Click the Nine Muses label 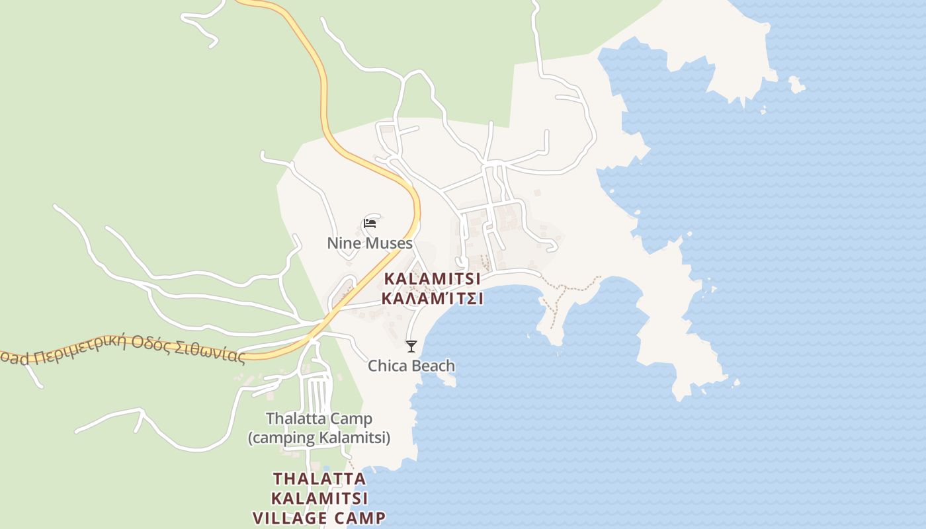[x=370, y=243]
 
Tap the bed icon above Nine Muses [x=370, y=224]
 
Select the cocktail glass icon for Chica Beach [x=411, y=346]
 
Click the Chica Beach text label [x=411, y=366]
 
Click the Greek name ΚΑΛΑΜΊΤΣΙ [x=432, y=299]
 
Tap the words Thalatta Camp [x=319, y=419]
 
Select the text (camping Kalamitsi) [x=319, y=438]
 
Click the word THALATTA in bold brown [x=319, y=478]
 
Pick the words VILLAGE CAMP [x=319, y=517]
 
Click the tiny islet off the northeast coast [x=796, y=85]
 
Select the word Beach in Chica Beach [x=434, y=366]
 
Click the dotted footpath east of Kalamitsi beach [x=569, y=288]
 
